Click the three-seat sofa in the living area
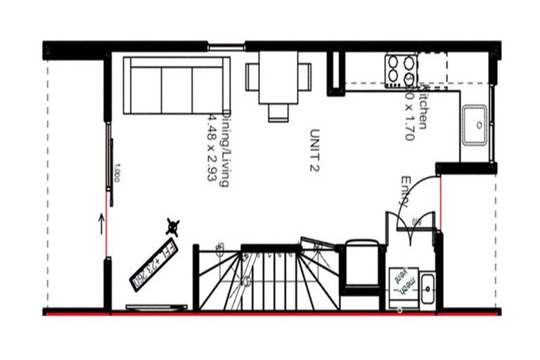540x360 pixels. click(176, 86)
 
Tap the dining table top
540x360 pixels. click(278, 77)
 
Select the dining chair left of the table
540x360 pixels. click(252, 77)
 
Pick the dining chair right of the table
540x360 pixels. click(305, 77)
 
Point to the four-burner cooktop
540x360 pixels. click(400, 70)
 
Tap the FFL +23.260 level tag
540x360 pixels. click(155, 266)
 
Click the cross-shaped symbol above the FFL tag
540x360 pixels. click(172, 226)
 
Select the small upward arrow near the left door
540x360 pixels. click(101, 225)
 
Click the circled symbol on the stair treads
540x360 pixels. click(247, 281)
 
